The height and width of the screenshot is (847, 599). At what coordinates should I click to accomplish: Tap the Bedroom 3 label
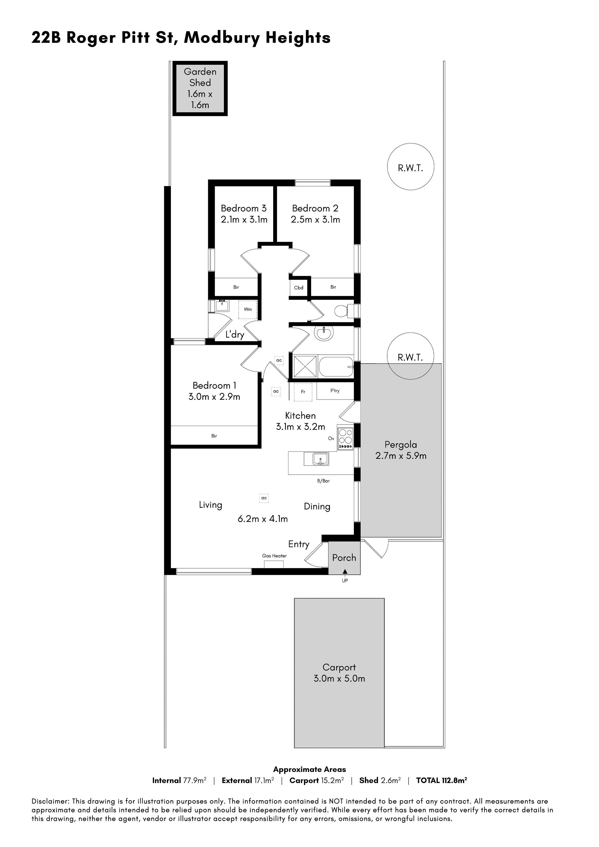pos(244,208)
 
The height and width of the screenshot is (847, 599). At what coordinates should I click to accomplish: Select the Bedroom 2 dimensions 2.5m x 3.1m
pos(315,219)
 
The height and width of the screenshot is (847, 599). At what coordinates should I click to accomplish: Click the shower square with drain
pos(305,366)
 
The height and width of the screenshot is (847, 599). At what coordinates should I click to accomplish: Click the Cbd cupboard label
pos(299,288)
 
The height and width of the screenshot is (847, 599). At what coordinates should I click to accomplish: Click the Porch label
pos(344,558)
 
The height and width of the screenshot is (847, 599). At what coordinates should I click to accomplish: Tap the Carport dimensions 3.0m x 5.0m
pos(339,678)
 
